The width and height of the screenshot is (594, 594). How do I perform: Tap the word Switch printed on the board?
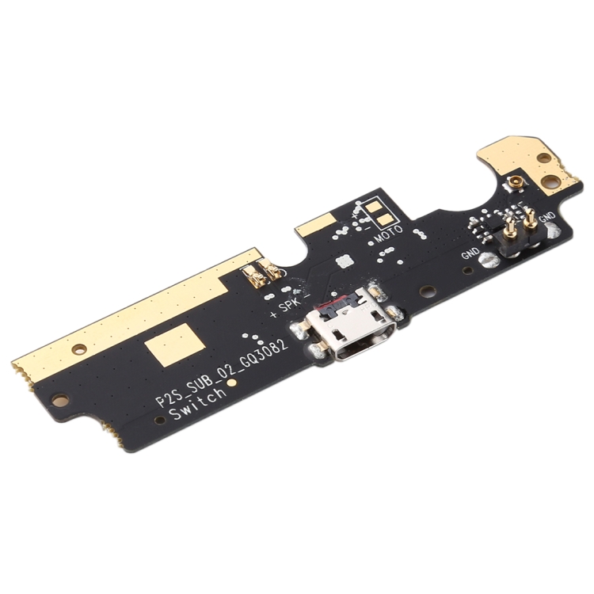point(198,403)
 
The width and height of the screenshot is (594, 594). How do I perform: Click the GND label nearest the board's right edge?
point(547,217)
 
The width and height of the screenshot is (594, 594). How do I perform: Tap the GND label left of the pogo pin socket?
point(470,253)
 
